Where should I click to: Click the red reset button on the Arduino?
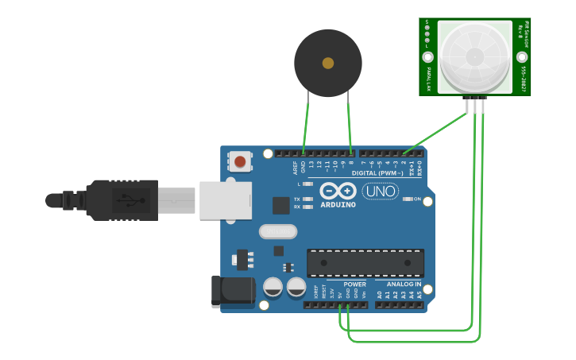pyautogui.click(x=240, y=163)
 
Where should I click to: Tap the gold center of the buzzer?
pyautogui.click(x=328, y=63)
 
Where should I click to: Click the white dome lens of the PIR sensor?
pyautogui.click(x=474, y=56)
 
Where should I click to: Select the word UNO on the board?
pyautogui.click(x=380, y=191)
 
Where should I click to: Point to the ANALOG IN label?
pyautogui.click(x=404, y=284)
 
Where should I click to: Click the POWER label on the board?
pyautogui.click(x=354, y=284)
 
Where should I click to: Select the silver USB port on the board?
pyautogui.click(x=225, y=200)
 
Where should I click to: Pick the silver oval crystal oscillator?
pyautogui.click(x=277, y=231)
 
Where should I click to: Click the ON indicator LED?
pyautogui.click(x=407, y=199)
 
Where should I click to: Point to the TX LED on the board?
pyautogui.click(x=307, y=199)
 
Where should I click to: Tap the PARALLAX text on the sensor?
pyautogui.click(x=428, y=78)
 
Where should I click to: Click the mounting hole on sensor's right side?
pyautogui.click(x=522, y=56)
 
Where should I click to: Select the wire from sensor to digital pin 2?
pyautogui.click(x=437, y=132)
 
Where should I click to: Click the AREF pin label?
pyautogui.click(x=295, y=167)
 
